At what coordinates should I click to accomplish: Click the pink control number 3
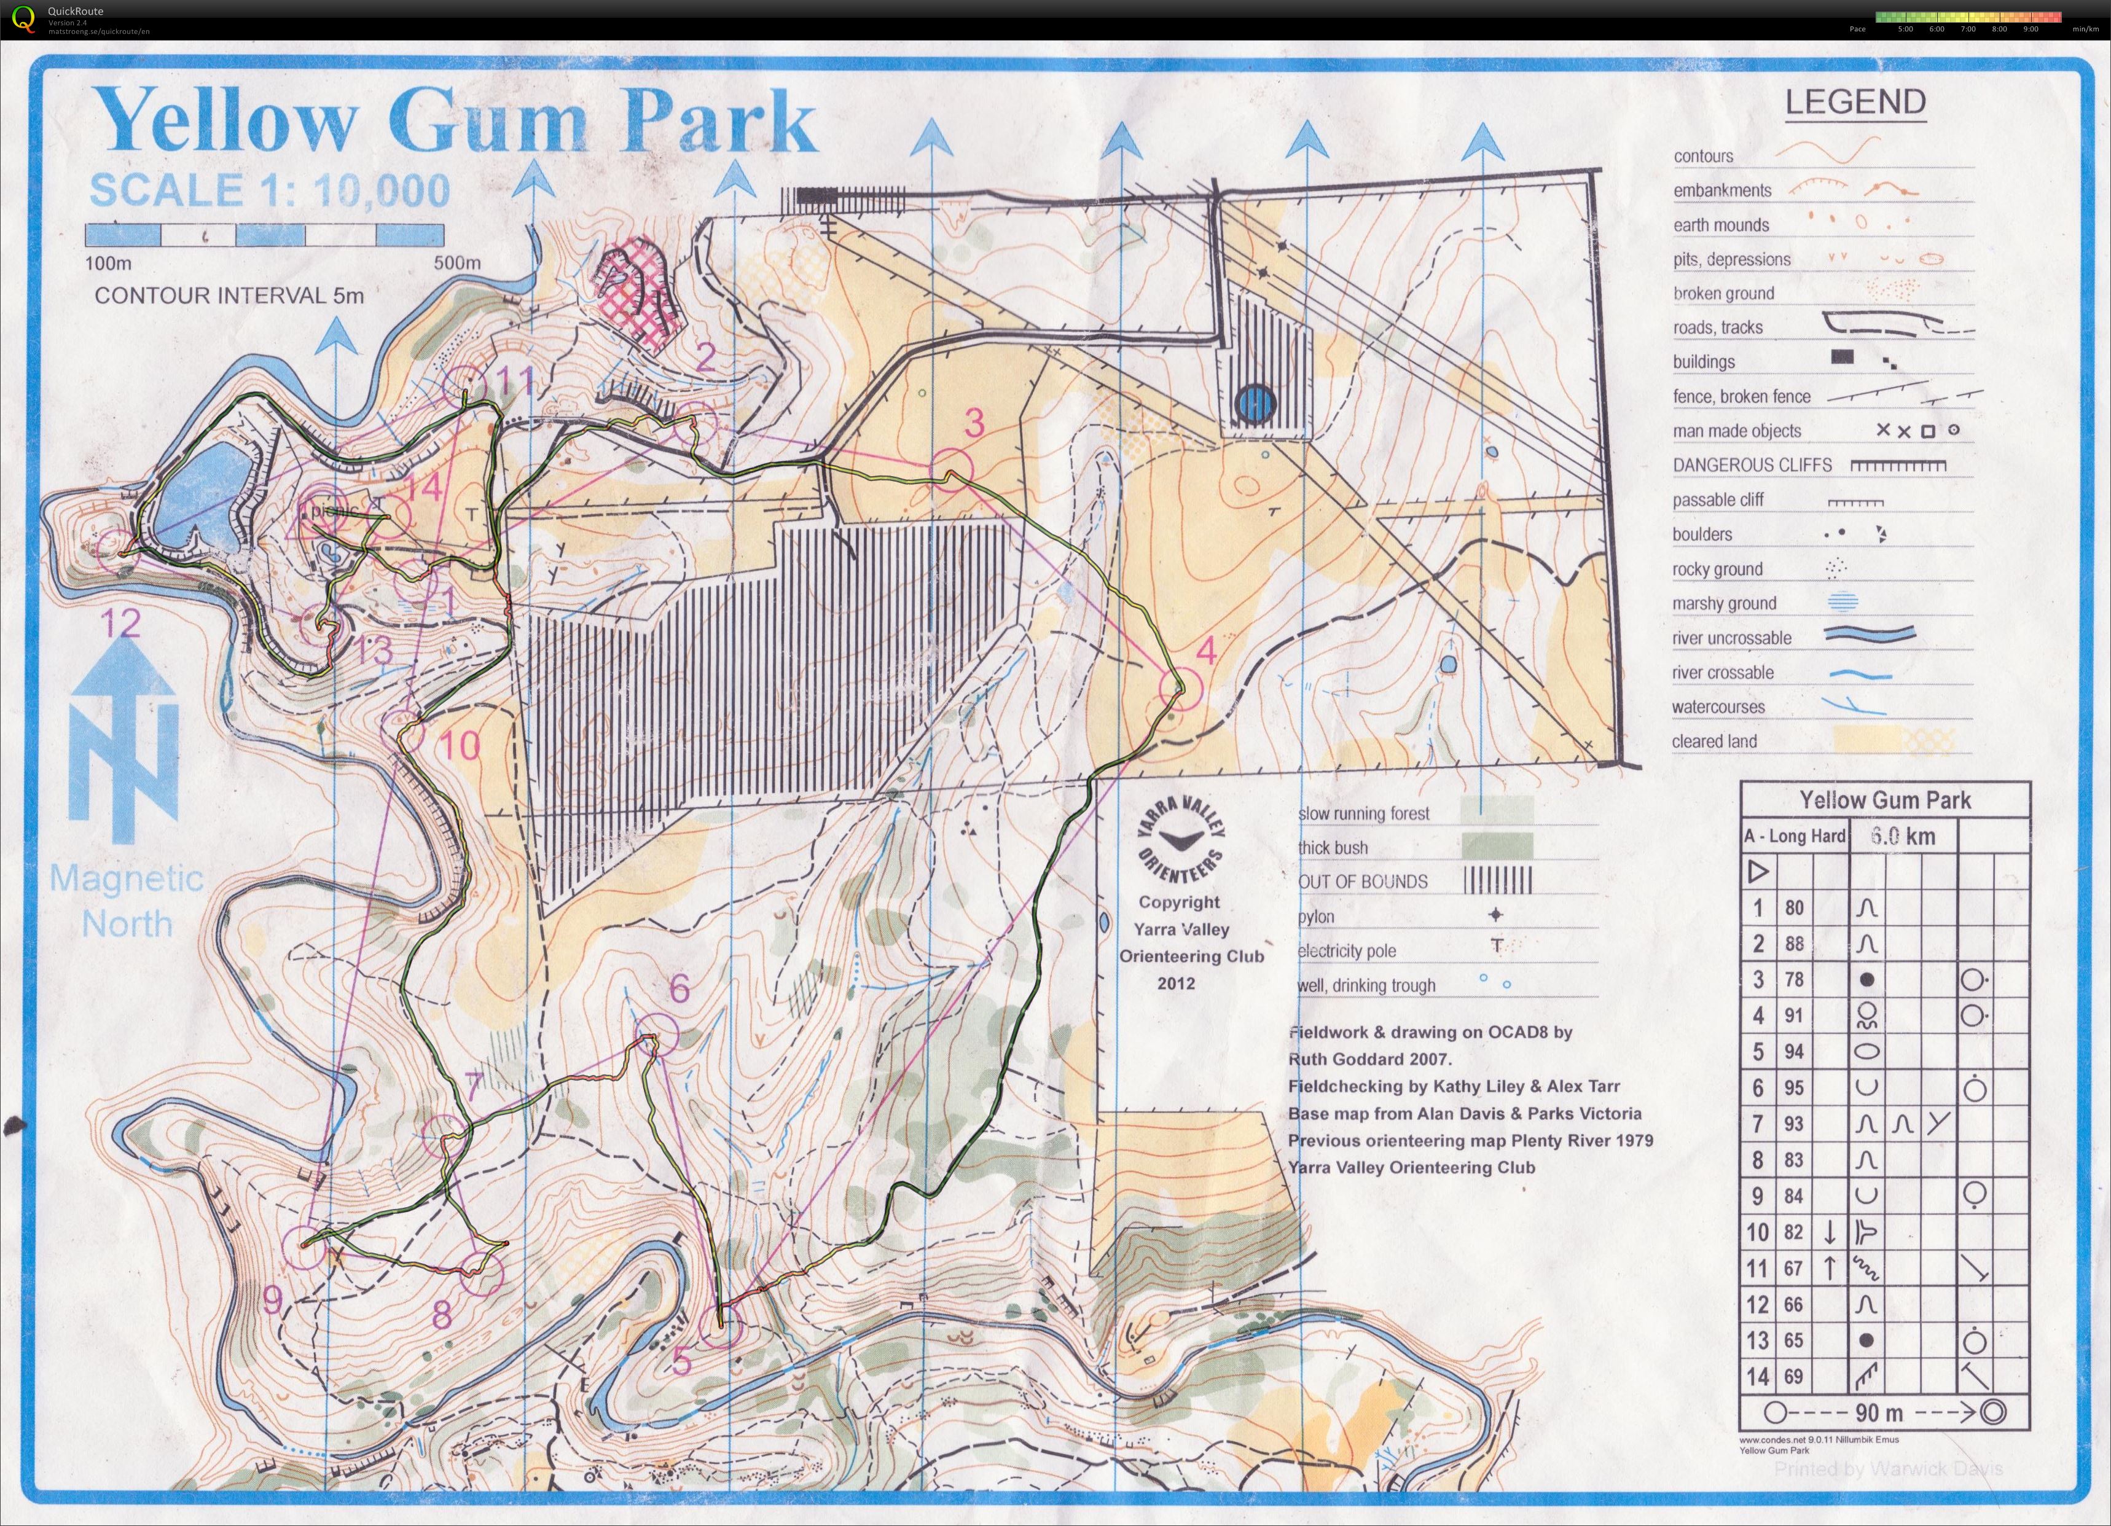(x=974, y=423)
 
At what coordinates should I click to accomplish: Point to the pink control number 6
(x=680, y=989)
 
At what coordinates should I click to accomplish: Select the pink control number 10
(x=459, y=745)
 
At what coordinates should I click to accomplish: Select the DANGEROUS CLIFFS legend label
(x=1752, y=465)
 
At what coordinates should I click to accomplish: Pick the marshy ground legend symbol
(x=1843, y=602)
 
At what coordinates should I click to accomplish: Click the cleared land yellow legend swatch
(x=1866, y=740)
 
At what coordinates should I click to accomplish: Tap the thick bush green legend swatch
(x=1497, y=847)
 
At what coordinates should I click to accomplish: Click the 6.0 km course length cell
(x=1903, y=835)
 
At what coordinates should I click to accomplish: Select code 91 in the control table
(x=1793, y=1015)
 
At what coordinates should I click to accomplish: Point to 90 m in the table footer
(x=1879, y=1412)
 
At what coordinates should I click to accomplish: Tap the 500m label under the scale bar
(x=457, y=262)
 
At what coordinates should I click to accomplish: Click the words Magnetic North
(x=127, y=901)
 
